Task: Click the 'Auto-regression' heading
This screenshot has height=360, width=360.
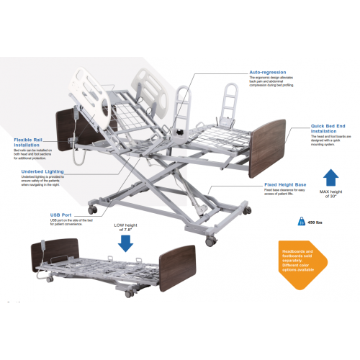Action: point(268,73)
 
